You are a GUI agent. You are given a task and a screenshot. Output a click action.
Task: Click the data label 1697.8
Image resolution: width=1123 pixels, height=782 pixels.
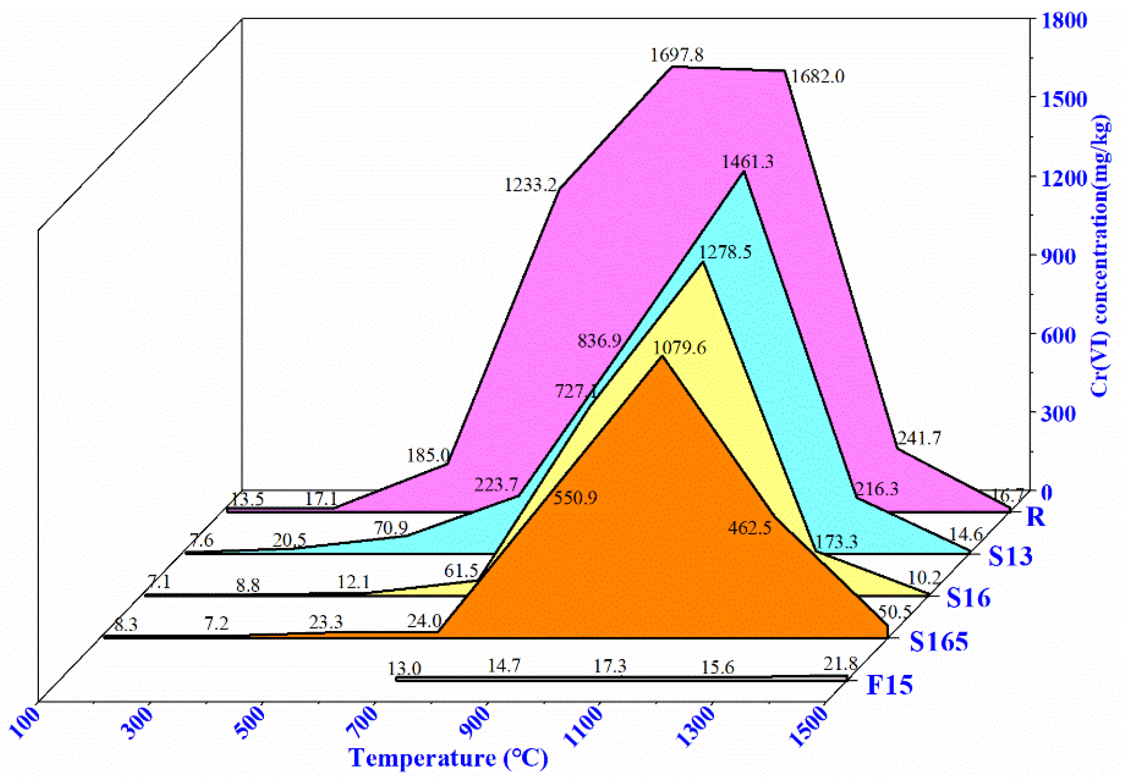676,55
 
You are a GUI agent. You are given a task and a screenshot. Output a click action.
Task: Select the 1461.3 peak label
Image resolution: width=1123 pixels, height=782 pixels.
748,162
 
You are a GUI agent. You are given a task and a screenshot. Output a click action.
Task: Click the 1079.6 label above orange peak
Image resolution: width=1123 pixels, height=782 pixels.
680,348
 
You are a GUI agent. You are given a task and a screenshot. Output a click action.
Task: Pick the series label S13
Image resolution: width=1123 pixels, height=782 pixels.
1010,556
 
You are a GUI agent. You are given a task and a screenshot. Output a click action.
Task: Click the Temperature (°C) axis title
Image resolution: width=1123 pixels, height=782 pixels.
448,758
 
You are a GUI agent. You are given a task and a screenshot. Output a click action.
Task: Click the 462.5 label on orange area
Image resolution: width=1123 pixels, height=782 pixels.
749,528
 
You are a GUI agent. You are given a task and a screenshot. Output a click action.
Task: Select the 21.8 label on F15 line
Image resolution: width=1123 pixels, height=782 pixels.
840,664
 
